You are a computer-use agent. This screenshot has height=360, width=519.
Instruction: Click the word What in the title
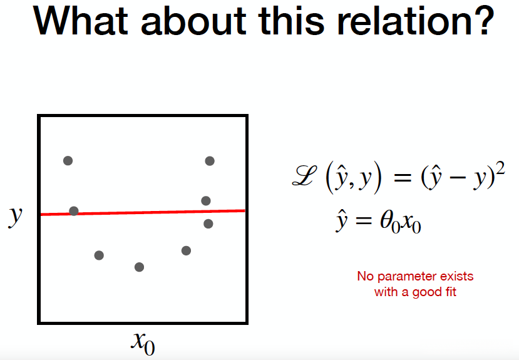tap(80, 21)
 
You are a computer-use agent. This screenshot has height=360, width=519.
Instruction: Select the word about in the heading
tap(193, 21)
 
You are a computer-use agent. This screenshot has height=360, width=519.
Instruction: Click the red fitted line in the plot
tap(143, 212)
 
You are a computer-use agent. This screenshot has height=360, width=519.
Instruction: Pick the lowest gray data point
tap(140, 267)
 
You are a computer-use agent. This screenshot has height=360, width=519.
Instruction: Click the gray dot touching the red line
tap(74, 211)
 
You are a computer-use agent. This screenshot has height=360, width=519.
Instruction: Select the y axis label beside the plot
tap(15, 217)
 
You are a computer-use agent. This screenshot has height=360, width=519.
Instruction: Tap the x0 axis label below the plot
tap(143, 343)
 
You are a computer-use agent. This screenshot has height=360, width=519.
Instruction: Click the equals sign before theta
tap(364, 220)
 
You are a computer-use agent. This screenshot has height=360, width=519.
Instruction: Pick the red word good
tap(427, 292)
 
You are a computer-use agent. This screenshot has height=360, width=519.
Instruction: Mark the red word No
tap(366, 276)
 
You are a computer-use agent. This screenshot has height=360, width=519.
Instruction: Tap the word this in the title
tap(292, 21)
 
